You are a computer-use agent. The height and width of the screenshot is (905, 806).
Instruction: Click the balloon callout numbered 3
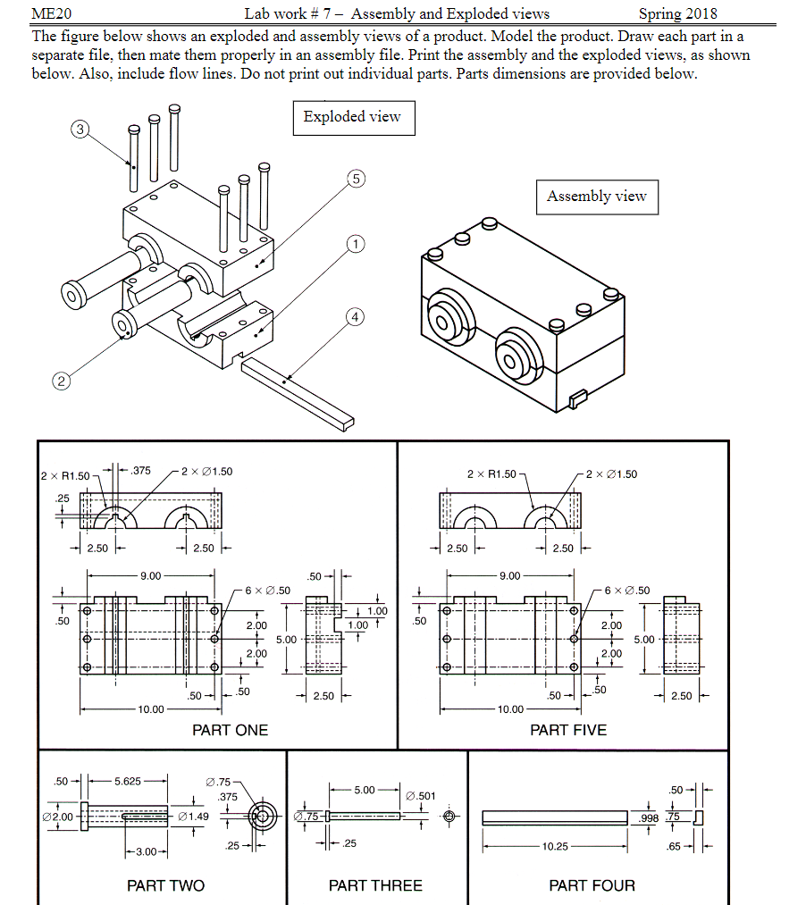[x=80, y=130]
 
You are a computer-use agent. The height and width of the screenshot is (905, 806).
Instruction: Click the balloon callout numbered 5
[x=356, y=180]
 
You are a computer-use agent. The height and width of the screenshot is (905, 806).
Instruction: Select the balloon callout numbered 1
[x=356, y=244]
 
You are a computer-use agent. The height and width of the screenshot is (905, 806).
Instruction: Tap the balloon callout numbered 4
[x=356, y=316]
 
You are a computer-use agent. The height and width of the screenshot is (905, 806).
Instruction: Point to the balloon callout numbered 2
[x=61, y=381]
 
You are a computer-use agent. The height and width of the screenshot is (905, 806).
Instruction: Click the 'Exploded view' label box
[x=353, y=117]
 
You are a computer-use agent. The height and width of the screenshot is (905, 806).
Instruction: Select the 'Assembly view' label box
[x=596, y=197]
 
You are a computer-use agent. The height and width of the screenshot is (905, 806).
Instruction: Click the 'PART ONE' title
[x=230, y=730]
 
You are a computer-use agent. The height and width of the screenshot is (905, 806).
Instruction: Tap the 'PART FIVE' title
[x=567, y=730]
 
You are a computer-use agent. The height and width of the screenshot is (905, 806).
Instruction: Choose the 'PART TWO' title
[x=165, y=885]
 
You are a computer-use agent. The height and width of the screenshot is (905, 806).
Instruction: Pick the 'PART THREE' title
[x=375, y=885]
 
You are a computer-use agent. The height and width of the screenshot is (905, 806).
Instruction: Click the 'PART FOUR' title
[x=592, y=885]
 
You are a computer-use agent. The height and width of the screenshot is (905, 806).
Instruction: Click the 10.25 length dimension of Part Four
[x=555, y=846]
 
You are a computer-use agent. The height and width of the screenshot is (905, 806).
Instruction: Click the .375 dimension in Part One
[x=140, y=471]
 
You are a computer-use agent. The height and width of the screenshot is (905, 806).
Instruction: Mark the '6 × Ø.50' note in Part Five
[x=626, y=591]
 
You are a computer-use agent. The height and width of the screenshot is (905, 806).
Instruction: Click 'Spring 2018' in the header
[x=677, y=13]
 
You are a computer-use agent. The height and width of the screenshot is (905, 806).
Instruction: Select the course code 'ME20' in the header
[x=51, y=13]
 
